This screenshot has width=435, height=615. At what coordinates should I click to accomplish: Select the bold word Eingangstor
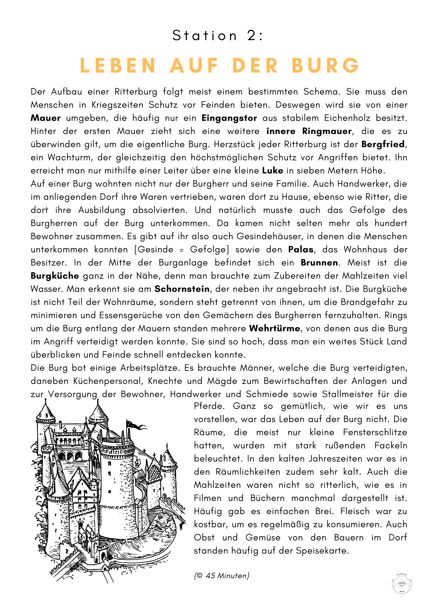(229, 118)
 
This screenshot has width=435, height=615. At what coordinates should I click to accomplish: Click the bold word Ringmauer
(327, 131)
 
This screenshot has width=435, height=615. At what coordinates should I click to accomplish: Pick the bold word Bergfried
(383, 144)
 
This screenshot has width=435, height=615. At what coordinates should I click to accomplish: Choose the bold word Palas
(301, 250)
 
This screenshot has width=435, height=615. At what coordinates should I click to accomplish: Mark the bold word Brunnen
(319, 263)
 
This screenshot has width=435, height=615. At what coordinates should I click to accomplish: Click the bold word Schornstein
(182, 289)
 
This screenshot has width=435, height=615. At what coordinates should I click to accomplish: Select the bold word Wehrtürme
(275, 328)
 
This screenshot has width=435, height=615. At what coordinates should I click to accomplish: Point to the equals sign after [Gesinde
(182, 250)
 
